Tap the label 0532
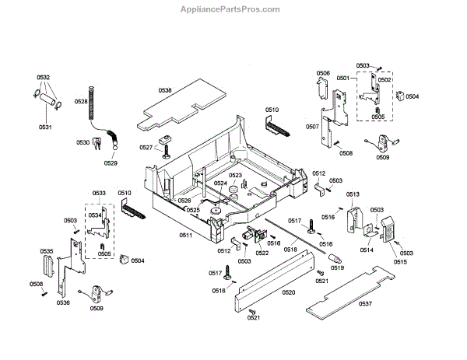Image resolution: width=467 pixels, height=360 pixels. (x=43, y=78)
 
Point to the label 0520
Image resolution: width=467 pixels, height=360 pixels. (x=288, y=292)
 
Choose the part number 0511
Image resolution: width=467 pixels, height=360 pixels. (x=185, y=235)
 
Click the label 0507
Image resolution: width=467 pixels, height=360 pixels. (x=311, y=126)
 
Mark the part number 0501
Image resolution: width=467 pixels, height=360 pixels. (x=342, y=79)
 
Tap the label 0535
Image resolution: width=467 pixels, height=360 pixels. (x=47, y=251)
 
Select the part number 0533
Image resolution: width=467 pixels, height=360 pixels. (x=99, y=192)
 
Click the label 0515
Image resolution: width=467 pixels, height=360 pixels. (x=400, y=262)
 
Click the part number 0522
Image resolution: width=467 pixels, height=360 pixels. (x=262, y=252)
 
